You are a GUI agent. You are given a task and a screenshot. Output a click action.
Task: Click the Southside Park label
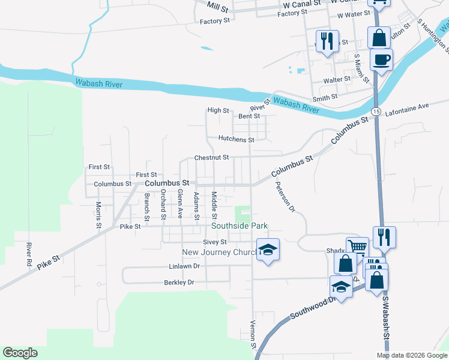tap(239, 226)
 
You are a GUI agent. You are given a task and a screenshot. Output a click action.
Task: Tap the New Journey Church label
tap(219, 252)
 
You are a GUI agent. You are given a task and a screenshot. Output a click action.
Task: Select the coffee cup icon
tap(381, 60)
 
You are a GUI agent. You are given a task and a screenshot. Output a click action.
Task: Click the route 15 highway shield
tap(376, 112)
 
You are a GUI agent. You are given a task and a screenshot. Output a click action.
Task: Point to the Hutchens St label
tap(236, 139)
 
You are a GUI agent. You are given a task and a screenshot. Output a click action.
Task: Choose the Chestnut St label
tap(211, 158)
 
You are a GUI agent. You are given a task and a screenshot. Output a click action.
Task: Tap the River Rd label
tap(28, 254)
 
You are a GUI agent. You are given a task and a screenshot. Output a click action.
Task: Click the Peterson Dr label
tap(286, 197)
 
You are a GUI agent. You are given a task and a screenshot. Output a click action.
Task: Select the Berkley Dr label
tap(179, 282)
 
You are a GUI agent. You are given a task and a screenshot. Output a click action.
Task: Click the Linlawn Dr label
tap(183, 266)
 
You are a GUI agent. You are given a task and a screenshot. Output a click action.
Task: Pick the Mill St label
tap(218, 7)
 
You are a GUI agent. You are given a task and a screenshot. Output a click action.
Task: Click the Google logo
tap(20, 353)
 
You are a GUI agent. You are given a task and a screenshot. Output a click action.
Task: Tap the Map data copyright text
tap(411, 355)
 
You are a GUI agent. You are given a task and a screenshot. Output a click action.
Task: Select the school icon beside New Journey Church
tap(268, 250)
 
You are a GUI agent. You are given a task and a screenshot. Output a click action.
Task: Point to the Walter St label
tap(337, 79)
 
